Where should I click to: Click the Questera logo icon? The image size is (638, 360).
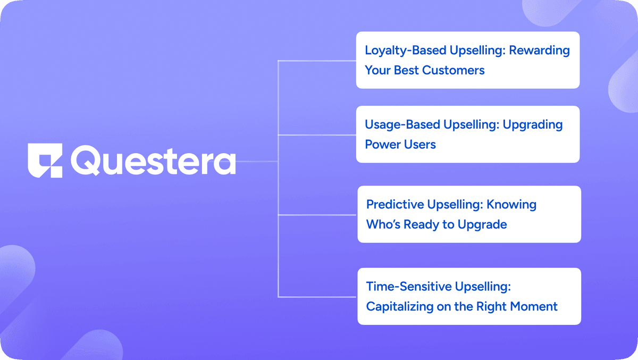click(45, 161)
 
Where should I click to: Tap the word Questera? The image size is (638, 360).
click(153, 161)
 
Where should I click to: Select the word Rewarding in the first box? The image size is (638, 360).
click(539, 51)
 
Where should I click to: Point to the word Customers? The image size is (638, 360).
click(453, 70)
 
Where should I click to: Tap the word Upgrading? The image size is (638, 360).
click(532, 125)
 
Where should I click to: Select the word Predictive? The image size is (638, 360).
click(395, 205)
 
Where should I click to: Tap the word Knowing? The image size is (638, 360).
click(511, 205)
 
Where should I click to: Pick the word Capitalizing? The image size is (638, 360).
click(400, 307)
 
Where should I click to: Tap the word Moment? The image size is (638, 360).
click(533, 306)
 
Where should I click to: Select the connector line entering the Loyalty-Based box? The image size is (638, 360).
click(317, 61)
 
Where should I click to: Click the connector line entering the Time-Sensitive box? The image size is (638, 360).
click(317, 297)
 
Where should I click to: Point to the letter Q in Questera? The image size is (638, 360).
click(85, 161)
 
